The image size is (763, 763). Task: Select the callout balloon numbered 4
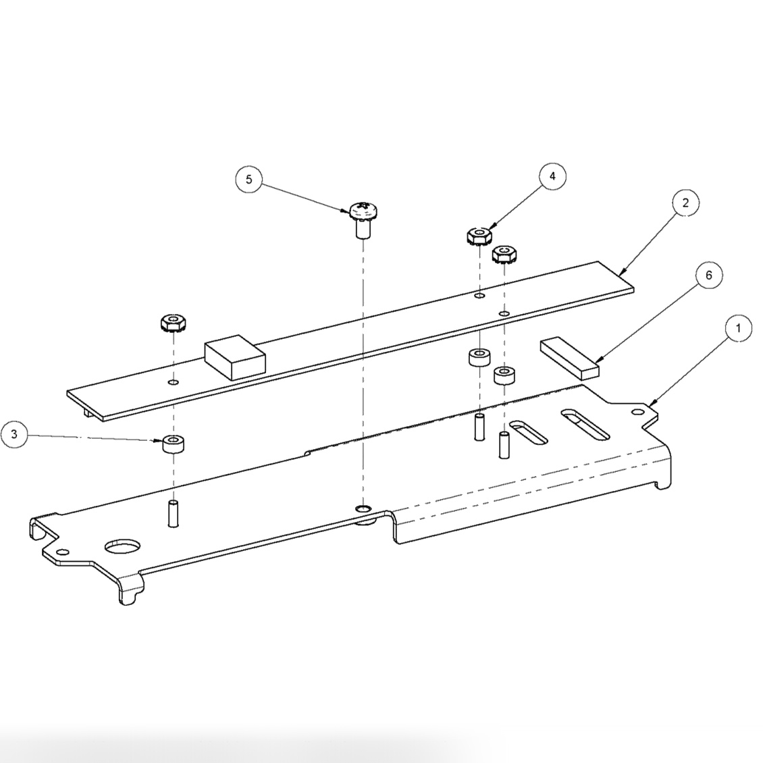coord(552,176)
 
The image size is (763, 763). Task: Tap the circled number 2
coord(685,203)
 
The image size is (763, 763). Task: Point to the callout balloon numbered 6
coord(708,275)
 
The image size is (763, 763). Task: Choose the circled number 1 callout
coord(739,328)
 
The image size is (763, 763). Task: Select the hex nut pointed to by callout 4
coord(479,236)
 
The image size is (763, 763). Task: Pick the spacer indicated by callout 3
coord(174,445)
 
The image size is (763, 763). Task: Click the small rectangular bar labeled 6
coord(569,357)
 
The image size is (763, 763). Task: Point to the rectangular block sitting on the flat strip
coord(234,359)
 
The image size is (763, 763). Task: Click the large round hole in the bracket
coord(121,544)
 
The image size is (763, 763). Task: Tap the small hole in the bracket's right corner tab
coord(636,411)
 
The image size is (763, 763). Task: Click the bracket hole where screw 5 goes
coord(363,507)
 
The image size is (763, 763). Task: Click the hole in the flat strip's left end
coord(174,383)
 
